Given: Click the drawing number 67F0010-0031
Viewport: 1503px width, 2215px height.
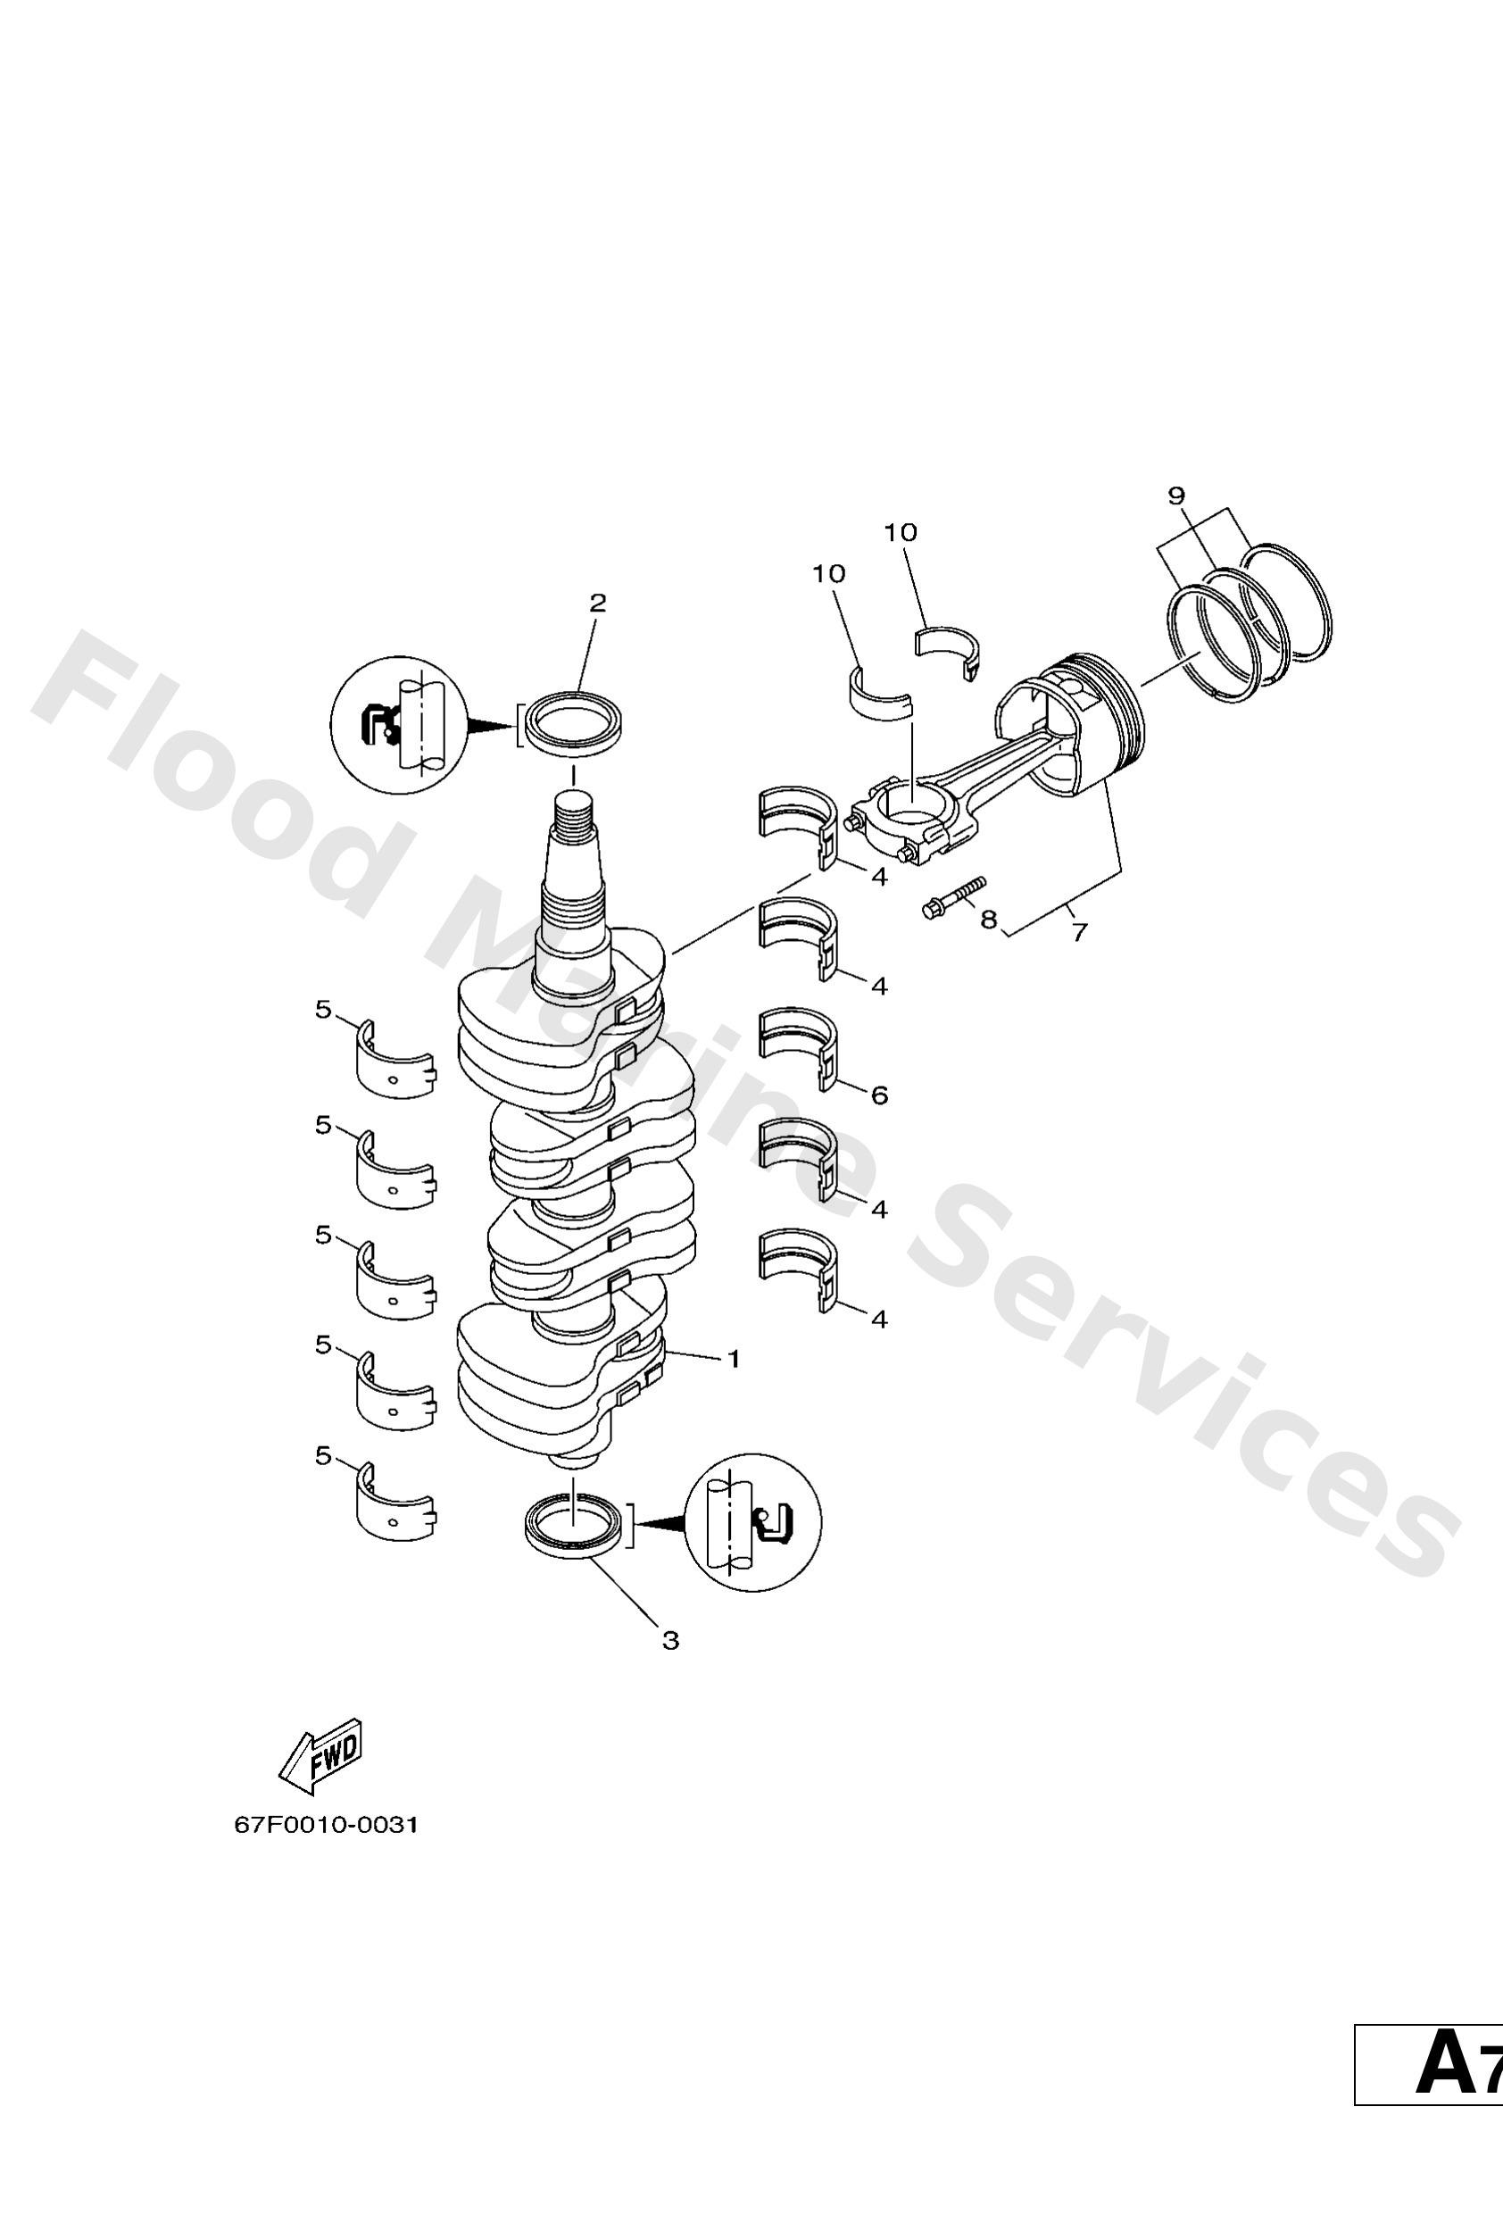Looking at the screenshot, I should click(326, 1825).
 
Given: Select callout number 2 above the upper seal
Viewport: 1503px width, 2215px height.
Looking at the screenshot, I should click(598, 603).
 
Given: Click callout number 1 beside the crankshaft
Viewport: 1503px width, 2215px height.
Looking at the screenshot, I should click(733, 1359).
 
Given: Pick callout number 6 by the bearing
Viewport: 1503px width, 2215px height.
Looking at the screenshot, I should click(879, 1095).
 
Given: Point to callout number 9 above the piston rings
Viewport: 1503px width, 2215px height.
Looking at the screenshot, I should click(1176, 495).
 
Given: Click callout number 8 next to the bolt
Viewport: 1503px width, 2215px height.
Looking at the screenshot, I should click(988, 919).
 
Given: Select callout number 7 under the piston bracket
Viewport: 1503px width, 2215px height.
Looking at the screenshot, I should click(1079, 932).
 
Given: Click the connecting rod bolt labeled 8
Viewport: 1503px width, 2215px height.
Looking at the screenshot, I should click(952, 897).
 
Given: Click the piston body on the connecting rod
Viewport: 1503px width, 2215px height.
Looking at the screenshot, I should click(1072, 724).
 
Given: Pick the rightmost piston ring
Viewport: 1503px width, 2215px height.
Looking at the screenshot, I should click(1288, 602).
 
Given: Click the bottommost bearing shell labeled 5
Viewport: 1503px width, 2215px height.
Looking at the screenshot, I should click(394, 1507).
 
